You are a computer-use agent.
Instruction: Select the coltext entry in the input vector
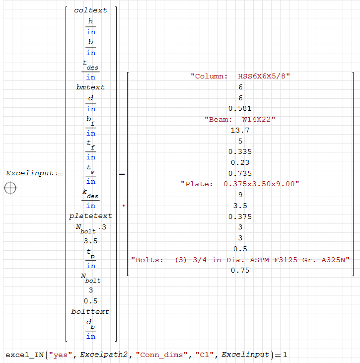click(x=90, y=10)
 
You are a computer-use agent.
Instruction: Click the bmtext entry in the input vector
click(x=90, y=87)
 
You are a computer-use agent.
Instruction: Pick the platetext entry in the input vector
click(x=90, y=216)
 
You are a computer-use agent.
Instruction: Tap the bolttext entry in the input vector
click(x=90, y=311)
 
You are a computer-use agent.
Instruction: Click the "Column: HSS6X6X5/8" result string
click(x=240, y=76)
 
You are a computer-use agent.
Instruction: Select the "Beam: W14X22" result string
click(x=240, y=119)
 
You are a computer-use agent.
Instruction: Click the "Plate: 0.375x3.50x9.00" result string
click(x=240, y=184)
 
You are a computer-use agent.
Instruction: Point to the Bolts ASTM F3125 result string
click(x=240, y=260)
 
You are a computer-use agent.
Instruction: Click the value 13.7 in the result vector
click(x=240, y=130)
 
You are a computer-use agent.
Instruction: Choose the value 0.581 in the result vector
click(x=240, y=108)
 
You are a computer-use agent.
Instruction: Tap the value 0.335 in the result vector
click(x=240, y=151)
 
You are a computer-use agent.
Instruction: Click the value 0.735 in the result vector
click(x=240, y=173)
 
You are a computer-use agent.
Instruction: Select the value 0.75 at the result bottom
click(x=240, y=271)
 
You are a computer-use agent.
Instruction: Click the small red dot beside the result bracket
click(x=123, y=205)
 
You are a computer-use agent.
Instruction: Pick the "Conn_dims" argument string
click(x=157, y=355)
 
